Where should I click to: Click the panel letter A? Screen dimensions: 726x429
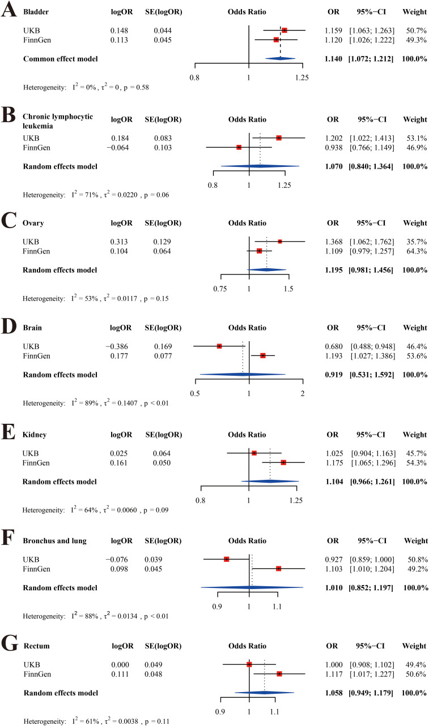coord(9,11)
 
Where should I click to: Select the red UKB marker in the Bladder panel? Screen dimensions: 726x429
coord(284,30)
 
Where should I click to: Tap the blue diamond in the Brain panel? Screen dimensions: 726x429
coord(243,374)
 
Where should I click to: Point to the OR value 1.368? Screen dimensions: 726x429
coord(333,241)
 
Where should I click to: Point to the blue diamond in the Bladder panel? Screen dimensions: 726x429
coord(280,59)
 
